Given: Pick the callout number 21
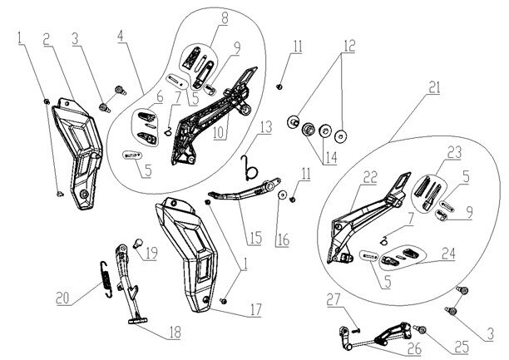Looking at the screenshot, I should click(433, 86).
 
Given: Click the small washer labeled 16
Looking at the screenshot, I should click(282, 195).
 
